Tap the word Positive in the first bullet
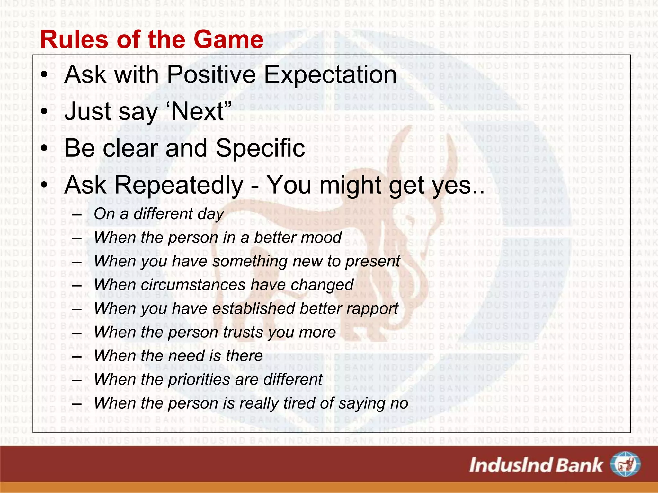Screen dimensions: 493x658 (x=211, y=74)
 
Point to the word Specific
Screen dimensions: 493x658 (x=260, y=148)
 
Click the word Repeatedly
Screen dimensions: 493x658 (x=178, y=186)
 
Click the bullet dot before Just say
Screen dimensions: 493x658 (x=44, y=112)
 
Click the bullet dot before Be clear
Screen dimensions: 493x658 (x=44, y=149)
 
